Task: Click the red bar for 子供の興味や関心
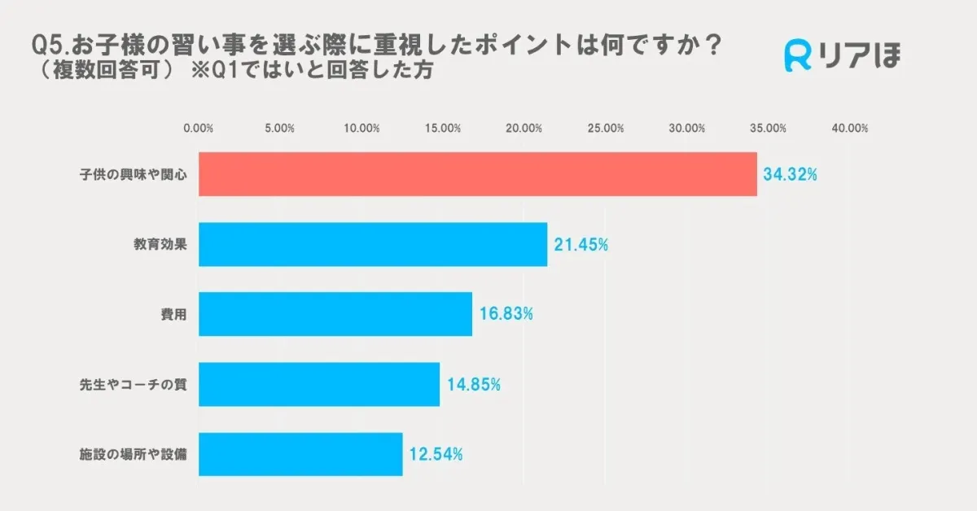478,174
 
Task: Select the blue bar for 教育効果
373,244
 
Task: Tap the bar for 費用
335,314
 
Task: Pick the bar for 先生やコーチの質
319,384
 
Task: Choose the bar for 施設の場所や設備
300,454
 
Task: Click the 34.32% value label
790,174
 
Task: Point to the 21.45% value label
581,244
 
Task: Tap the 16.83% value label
506,314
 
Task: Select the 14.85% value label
473,384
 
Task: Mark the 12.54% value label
436,454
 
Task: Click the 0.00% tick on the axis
199,129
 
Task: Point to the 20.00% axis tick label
524,129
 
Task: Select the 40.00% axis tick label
850,129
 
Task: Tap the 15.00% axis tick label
443,129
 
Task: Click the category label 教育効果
161,244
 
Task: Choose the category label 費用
174,314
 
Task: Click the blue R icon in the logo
798,55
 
